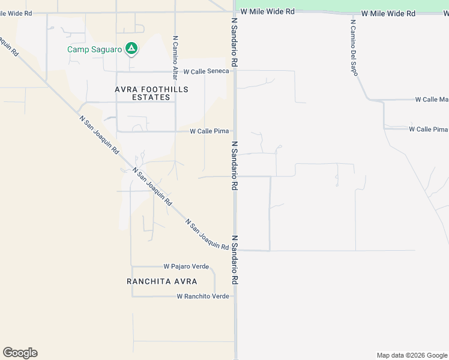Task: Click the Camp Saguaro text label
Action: (x=94, y=50)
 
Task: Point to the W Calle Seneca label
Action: (x=206, y=71)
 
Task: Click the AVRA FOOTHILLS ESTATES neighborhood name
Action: (x=151, y=93)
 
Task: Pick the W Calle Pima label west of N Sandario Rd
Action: (x=209, y=131)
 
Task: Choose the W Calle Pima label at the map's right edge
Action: (x=429, y=130)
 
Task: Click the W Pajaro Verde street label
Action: (x=186, y=266)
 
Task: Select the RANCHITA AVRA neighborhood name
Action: (x=161, y=281)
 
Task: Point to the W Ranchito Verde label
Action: (x=203, y=296)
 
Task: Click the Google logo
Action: (x=20, y=353)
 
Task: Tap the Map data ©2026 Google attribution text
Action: (x=412, y=355)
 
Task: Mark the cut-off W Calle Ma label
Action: (x=432, y=100)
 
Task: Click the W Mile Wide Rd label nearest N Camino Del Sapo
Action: (x=388, y=13)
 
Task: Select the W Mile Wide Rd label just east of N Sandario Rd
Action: (x=267, y=11)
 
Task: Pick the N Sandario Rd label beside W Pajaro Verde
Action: (x=235, y=260)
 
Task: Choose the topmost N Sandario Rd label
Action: (x=235, y=42)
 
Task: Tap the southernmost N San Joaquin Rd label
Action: (x=207, y=234)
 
